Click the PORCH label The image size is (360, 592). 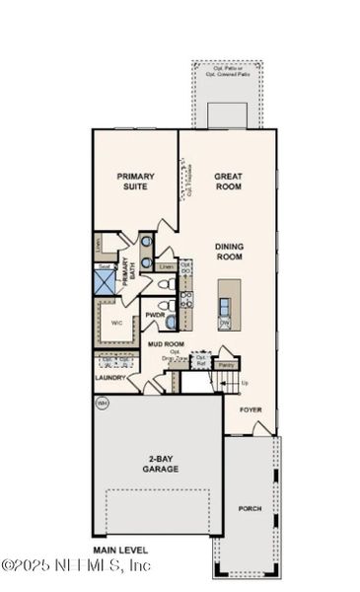[x=251, y=509]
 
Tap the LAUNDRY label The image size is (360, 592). [x=110, y=377]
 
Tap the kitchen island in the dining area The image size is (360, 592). [x=229, y=303]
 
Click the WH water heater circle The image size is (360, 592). [x=102, y=404]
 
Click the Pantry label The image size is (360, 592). [x=227, y=364]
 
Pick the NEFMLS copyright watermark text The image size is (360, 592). [x=76, y=565]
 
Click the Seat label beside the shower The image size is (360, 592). [x=103, y=266]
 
